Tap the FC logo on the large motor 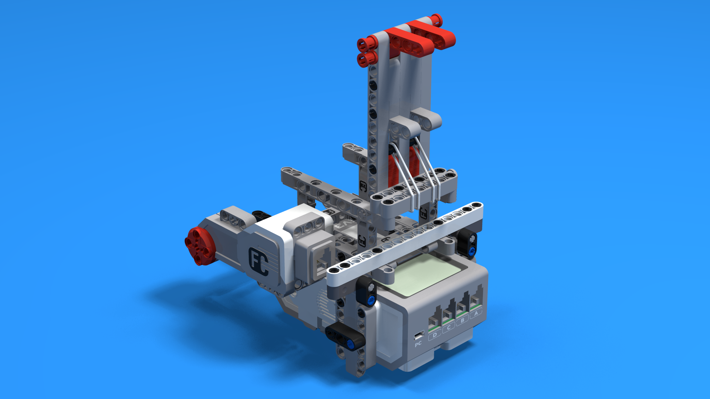coord(258,262)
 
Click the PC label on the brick coord(418,344)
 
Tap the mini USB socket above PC coord(418,336)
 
